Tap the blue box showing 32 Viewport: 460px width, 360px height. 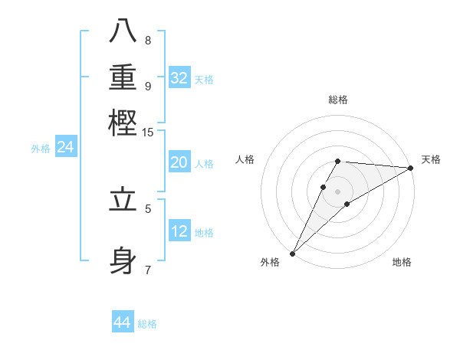[x=179, y=78]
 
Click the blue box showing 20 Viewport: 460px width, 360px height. [x=179, y=162]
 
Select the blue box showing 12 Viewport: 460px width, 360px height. [x=179, y=231]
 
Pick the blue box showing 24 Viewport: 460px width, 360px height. [x=65, y=148]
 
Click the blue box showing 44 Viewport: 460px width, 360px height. [x=123, y=322]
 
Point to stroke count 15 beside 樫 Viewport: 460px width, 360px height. [x=148, y=133]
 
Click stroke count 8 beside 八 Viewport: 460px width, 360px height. [x=148, y=40]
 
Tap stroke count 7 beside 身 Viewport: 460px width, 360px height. [x=148, y=269]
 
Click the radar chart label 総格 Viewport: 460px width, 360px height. [x=338, y=100]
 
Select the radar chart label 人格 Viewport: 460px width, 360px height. [x=245, y=159]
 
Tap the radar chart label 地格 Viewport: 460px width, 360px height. [x=402, y=263]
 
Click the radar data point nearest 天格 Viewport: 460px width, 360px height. [x=411, y=168]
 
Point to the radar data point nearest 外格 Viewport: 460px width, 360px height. [x=292, y=254]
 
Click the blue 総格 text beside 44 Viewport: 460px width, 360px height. [x=147, y=324]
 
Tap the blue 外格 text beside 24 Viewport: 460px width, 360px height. [x=40, y=149]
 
